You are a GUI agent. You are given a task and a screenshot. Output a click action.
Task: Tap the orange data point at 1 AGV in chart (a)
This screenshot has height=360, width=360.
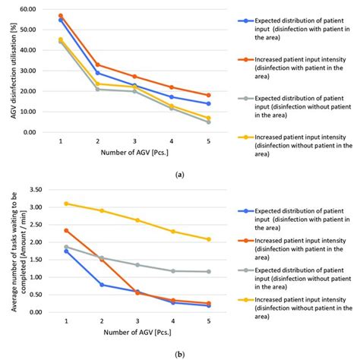pyautogui.click(x=61, y=15)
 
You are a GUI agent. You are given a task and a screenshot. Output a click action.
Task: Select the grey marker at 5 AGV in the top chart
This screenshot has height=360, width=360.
pyautogui.click(x=208, y=122)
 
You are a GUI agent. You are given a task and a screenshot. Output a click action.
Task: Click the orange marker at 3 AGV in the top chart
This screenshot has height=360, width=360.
pyautogui.click(x=134, y=77)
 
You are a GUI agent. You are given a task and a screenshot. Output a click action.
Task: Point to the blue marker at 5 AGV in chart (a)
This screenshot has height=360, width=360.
pyautogui.click(x=208, y=103)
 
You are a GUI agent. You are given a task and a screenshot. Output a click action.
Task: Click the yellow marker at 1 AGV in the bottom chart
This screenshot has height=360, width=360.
pyautogui.click(x=66, y=204)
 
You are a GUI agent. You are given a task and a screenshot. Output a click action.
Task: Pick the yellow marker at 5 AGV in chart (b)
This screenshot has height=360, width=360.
pyautogui.click(x=208, y=239)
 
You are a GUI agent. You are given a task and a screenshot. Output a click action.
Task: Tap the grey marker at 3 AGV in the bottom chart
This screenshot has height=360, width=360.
pyautogui.click(x=137, y=265)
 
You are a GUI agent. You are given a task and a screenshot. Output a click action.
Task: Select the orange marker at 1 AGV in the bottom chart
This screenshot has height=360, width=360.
pyautogui.click(x=66, y=230)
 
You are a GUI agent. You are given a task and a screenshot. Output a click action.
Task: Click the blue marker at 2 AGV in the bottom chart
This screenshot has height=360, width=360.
pyautogui.click(x=102, y=285)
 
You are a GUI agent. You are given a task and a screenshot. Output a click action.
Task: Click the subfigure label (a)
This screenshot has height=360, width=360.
pyautogui.click(x=178, y=174)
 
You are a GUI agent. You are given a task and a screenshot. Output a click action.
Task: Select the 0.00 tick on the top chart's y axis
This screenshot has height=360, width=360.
pyautogui.click(x=27, y=132)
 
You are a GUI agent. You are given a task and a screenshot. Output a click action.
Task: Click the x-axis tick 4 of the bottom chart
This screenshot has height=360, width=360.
pyautogui.click(x=173, y=322)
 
